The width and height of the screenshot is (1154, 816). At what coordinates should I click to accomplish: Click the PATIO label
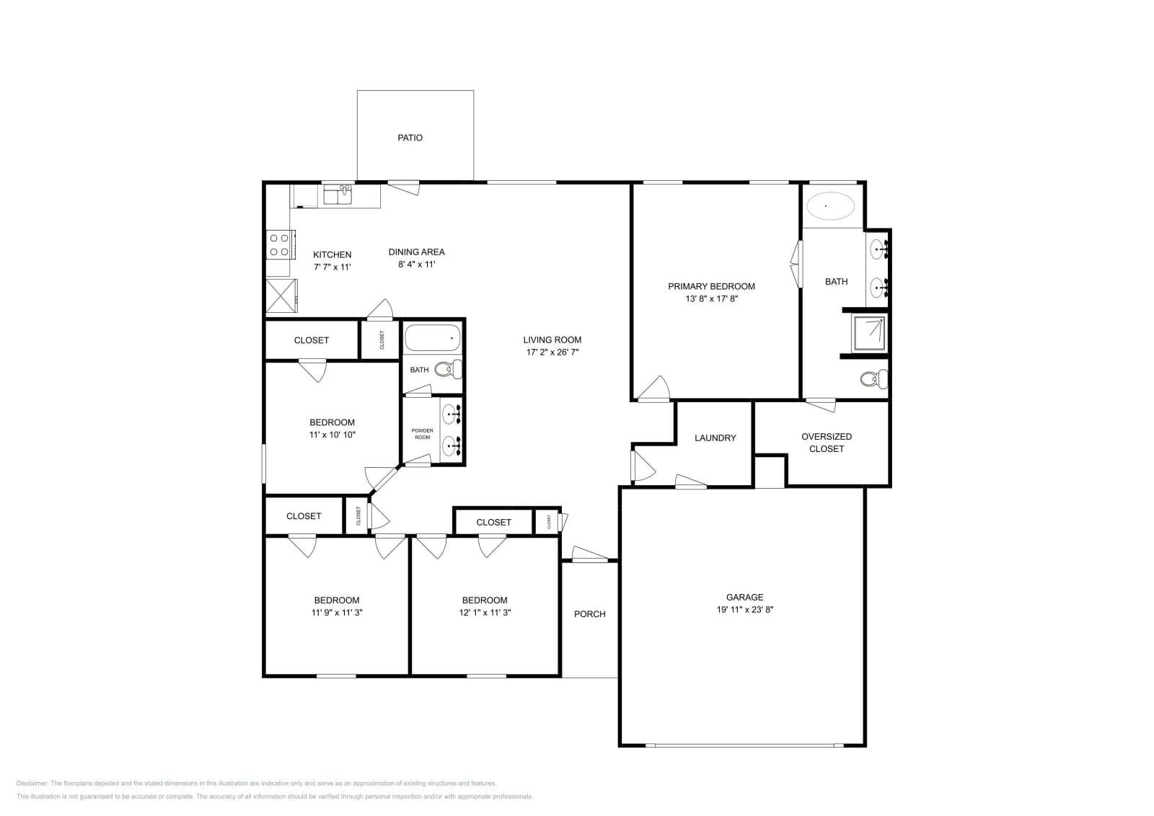[x=410, y=138]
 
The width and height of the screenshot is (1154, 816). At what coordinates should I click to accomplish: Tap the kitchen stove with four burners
[x=279, y=244]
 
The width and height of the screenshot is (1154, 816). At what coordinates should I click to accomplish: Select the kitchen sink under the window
[x=338, y=195]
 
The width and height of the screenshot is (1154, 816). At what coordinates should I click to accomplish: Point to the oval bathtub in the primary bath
[x=829, y=206]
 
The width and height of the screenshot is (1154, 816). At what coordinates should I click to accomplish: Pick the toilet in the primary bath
[x=876, y=378]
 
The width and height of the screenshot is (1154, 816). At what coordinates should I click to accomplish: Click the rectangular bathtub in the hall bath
[x=432, y=337]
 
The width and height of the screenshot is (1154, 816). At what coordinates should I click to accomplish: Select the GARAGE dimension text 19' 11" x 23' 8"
[x=744, y=609]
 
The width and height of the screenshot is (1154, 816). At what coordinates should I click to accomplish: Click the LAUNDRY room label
[x=715, y=438]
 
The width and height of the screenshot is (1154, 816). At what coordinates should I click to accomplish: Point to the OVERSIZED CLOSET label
[x=827, y=443]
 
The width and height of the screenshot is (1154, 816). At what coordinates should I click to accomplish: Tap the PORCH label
[x=589, y=614]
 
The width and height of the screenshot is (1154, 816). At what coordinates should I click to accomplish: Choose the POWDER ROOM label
[x=422, y=434]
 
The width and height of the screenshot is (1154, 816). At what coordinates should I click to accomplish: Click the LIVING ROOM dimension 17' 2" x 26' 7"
[x=552, y=352]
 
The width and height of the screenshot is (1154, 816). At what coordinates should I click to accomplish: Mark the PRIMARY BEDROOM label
[x=711, y=286]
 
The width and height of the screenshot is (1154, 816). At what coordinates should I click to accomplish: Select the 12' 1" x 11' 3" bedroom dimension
[x=485, y=613]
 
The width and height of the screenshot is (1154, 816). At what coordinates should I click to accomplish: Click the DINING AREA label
[x=416, y=252]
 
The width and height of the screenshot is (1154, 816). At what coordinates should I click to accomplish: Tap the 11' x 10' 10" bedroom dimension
[x=332, y=435]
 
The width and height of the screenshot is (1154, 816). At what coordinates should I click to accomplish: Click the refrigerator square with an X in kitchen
[x=281, y=296]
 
